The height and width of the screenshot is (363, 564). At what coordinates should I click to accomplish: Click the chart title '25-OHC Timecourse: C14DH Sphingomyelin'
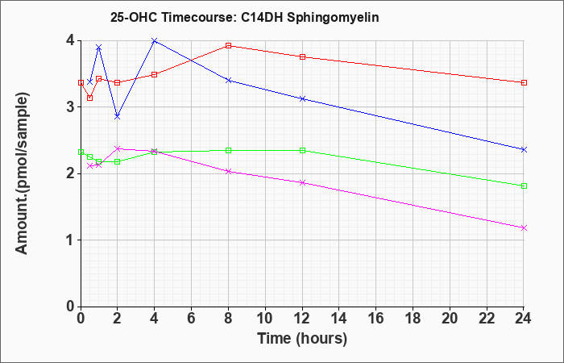click(x=245, y=18)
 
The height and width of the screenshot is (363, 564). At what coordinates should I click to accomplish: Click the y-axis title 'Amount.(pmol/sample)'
click(x=22, y=174)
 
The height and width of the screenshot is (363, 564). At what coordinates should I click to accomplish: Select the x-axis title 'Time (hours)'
click(x=302, y=339)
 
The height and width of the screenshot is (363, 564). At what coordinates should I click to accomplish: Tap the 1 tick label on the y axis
click(x=71, y=240)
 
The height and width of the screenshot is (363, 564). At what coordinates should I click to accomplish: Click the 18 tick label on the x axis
click(x=413, y=319)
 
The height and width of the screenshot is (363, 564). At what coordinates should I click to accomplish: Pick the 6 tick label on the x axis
click(x=192, y=319)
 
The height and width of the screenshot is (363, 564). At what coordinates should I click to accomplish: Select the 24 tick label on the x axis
click(x=524, y=319)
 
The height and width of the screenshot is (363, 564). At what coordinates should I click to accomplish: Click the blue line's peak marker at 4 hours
click(x=155, y=40)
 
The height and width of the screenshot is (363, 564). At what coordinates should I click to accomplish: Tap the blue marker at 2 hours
click(x=118, y=117)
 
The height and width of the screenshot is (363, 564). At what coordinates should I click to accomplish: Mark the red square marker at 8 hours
click(x=228, y=45)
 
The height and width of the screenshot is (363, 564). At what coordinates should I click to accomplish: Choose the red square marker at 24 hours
click(x=524, y=82)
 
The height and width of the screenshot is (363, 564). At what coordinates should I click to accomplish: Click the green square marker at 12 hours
click(x=302, y=150)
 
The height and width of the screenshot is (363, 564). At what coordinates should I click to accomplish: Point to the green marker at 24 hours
click(x=524, y=186)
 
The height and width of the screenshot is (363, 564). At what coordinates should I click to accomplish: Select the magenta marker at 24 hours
click(x=524, y=227)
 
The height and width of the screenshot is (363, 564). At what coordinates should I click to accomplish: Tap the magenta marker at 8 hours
click(x=228, y=171)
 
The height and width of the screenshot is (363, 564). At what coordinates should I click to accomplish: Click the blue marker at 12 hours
click(x=302, y=98)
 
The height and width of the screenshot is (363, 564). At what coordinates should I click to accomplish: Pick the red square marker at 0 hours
click(x=81, y=82)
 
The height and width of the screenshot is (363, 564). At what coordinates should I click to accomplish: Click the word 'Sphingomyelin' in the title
click(x=333, y=18)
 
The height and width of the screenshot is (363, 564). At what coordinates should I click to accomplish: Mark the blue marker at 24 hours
click(x=524, y=149)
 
